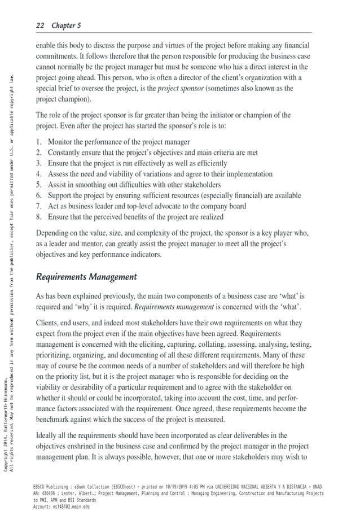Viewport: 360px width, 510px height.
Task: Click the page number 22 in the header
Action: [40, 25]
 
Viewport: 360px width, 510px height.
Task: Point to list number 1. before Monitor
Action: [38, 142]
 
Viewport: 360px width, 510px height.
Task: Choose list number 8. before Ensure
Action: [38, 217]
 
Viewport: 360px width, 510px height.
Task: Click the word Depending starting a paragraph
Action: [55, 233]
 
